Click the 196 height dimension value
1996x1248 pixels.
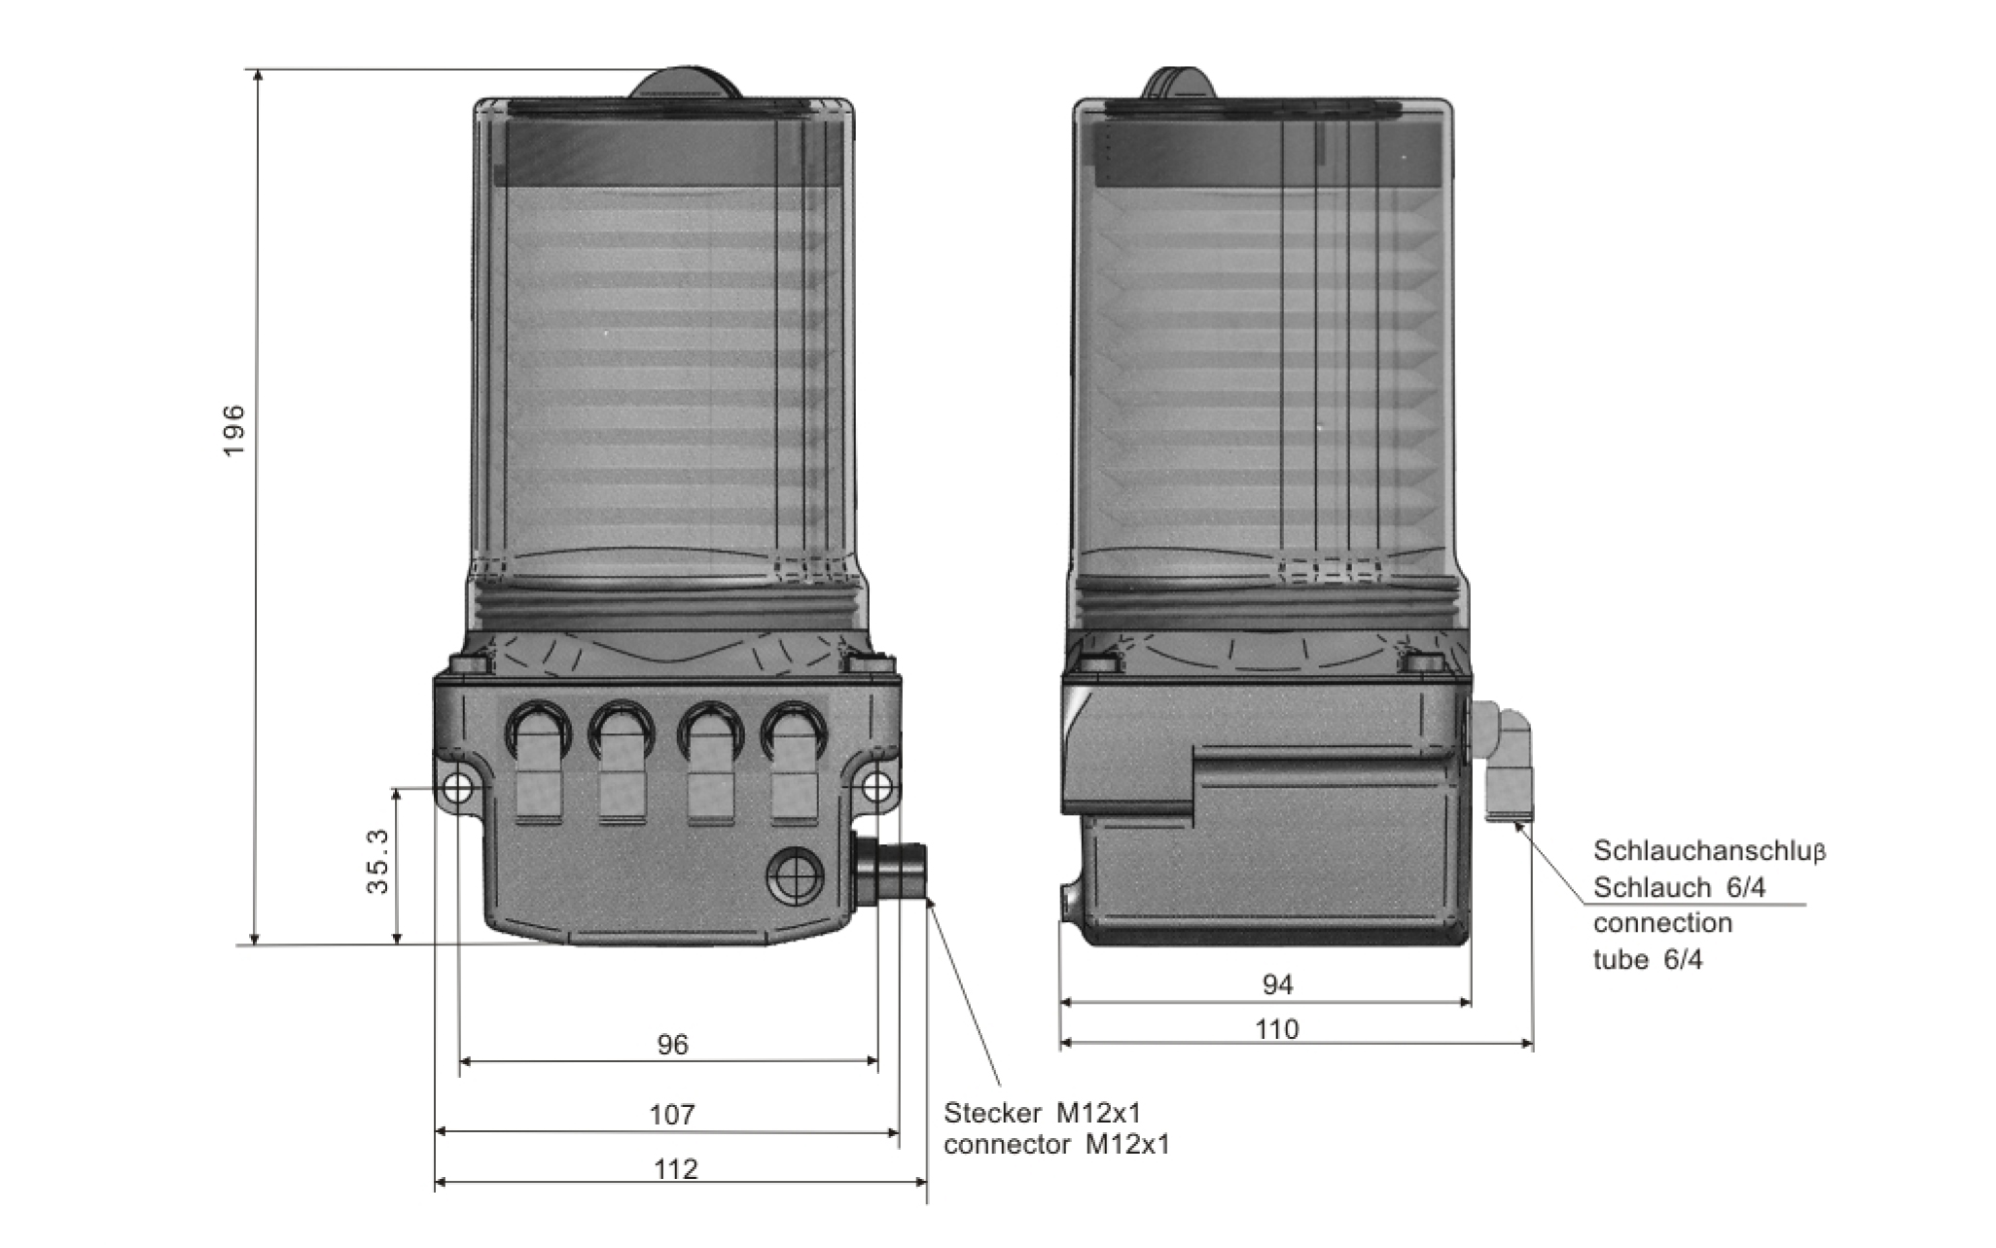point(232,432)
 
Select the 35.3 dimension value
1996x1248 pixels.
point(377,862)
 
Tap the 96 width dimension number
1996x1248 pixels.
point(672,1045)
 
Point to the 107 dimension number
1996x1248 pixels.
point(672,1114)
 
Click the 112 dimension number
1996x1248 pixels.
point(676,1168)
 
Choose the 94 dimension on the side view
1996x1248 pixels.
point(1277,985)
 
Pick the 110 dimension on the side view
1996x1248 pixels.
point(1277,1029)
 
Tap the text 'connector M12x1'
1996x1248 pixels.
point(1057,1145)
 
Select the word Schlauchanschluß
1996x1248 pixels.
point(1709,851)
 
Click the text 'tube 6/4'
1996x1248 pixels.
point(1648,960)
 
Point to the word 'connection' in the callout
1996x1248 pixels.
point(1662,922)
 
